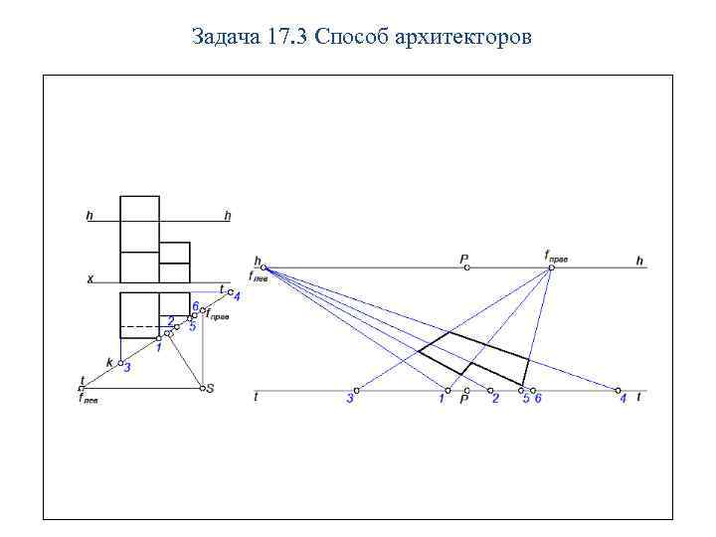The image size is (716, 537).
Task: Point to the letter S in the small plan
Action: click(x=210, y=388)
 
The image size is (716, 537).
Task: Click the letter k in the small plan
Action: click(x=109, y=362)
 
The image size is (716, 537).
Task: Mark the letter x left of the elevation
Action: click(x=89, y=279)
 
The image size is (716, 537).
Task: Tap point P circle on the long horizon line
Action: click(x=465, y=268)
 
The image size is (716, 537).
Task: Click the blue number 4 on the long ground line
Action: click(x=624, y=399)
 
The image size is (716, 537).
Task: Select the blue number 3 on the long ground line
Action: click(x=349, y=399)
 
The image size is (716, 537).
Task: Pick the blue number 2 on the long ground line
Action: click(x=494, y=399)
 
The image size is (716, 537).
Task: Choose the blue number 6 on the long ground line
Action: click(x=538, y=399)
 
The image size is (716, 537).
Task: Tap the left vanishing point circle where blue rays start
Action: click(x=264, y=268)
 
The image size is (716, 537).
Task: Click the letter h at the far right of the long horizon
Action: click(x=639, y=262)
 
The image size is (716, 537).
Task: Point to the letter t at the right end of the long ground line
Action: click(x=637, y=397)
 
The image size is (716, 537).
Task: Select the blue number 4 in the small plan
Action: click(x=237, y=295)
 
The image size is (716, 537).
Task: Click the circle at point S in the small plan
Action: click(x=201, y=388)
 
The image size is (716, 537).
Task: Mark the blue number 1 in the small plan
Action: click(x=158, y=349)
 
